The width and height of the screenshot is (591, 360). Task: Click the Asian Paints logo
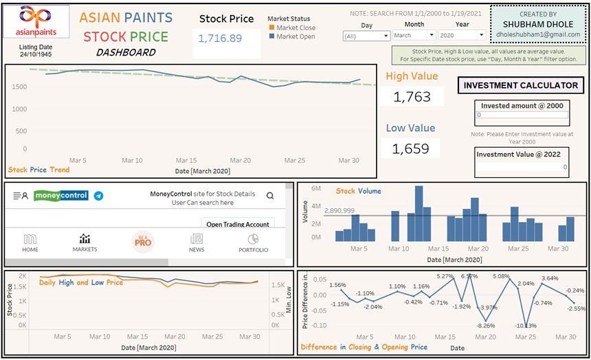(x=36, y=22)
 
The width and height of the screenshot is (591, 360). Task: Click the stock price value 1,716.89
(x=220, y=38)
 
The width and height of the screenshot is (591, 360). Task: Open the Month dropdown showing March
(x=414, y=35)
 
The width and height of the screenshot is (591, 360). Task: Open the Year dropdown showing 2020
(x=462, y=35)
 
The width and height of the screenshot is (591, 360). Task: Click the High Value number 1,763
(x=412, y=97)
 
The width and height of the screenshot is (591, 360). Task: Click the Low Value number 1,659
(x=412, y=148)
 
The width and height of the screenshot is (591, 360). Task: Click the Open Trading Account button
(x=238, y=224)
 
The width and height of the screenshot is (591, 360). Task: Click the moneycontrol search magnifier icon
(x=270, y=196)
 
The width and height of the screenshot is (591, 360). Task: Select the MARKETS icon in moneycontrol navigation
(x=85, y=243)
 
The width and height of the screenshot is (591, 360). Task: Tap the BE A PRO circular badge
(x=142, y=242)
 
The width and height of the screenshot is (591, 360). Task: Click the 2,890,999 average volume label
(x=339, y=211)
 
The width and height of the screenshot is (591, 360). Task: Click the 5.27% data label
(x=445, y=276)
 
